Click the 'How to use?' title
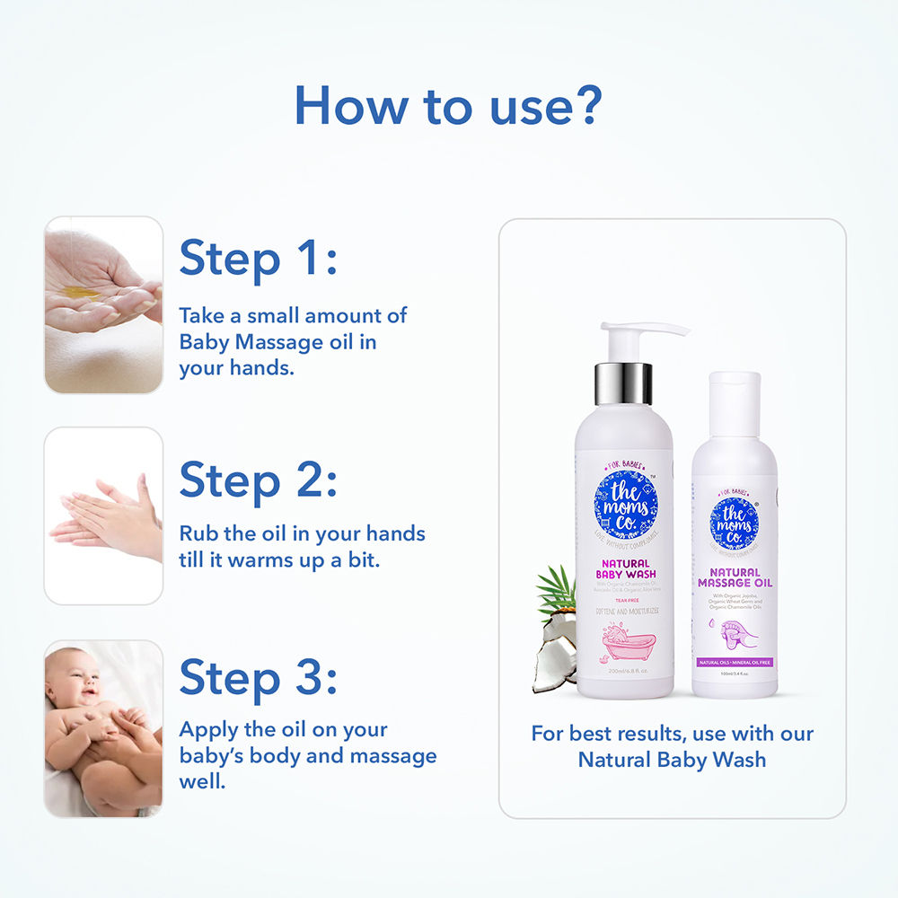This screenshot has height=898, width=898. coord(446,106)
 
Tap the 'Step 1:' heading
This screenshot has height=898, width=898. coord(258,258)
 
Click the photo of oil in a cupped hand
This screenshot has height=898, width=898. coord(103,304)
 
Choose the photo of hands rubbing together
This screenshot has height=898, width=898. coord(103,516)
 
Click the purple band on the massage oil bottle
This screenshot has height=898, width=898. coord(735,662)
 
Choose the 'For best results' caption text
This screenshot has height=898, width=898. coord(672,745)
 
